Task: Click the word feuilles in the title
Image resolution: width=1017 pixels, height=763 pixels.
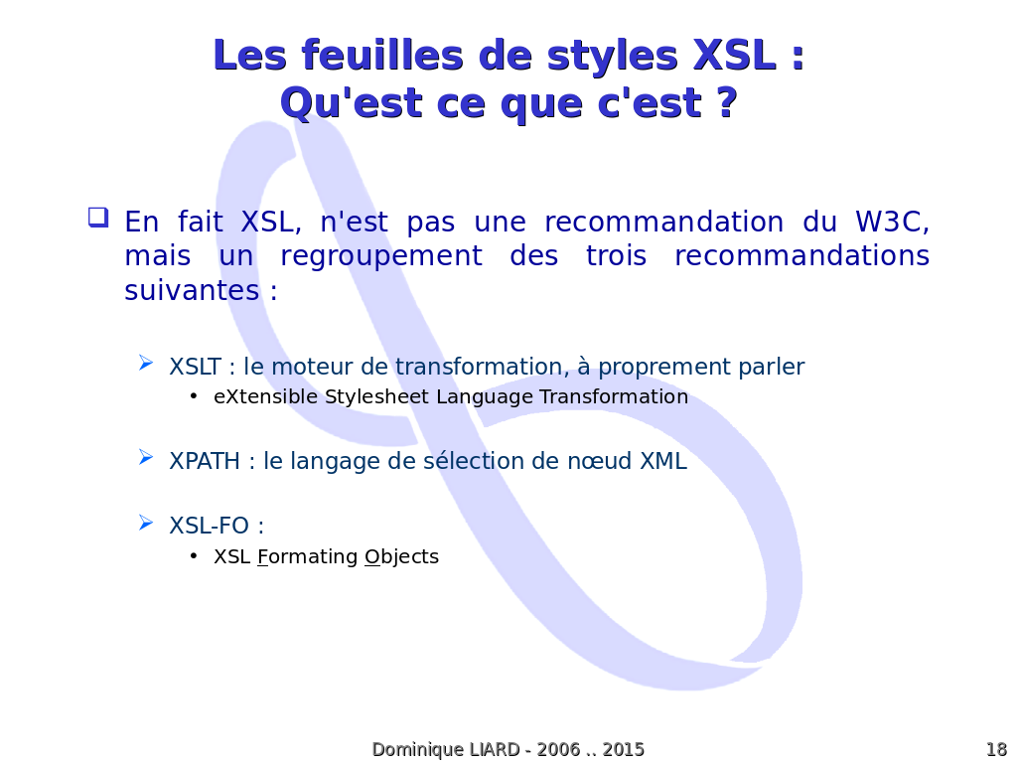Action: pos(382,56)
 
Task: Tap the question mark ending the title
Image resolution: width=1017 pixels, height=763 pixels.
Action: pos(728,102)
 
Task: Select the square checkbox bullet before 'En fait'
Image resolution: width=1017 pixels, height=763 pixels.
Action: pos(98,217)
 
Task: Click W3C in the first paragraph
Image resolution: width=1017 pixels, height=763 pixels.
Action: pos(892,222)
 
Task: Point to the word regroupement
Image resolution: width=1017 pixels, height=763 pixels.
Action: pos(381,257)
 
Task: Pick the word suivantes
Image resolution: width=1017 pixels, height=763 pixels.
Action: pos(192,290)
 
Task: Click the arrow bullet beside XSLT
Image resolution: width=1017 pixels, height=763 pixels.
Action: pos(146,364)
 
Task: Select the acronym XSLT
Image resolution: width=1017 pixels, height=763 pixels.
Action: pos(196,367)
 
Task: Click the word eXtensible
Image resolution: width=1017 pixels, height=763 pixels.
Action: pos(265,396)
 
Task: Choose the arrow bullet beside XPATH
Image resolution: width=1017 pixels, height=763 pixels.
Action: pos(146,457)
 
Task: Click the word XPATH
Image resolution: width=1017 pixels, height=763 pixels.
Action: pos(205,461)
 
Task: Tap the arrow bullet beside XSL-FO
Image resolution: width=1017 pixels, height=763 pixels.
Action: pos(146,523)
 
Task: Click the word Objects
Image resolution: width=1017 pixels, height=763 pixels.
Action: pos(401,557)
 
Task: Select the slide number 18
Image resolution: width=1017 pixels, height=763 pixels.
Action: pos(996,749)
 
